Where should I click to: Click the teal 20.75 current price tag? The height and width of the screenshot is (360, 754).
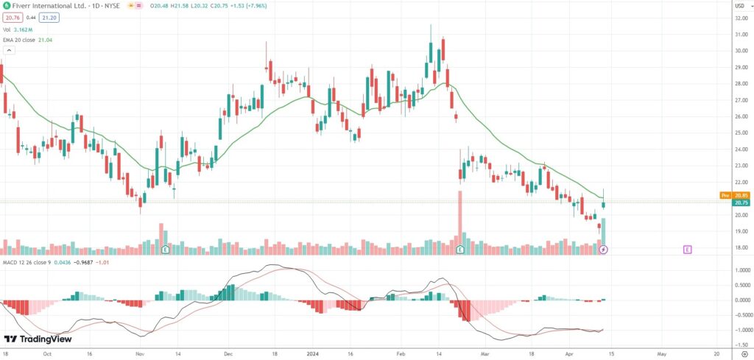[740, 202]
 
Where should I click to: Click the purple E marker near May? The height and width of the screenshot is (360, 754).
[687, 250]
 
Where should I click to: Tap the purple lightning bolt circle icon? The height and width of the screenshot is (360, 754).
[604, 250]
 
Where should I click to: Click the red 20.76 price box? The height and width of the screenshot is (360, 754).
[11, 18]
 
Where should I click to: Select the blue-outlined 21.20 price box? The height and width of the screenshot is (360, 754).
[49, 18]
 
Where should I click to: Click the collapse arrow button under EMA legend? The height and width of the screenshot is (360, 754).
[9, 51]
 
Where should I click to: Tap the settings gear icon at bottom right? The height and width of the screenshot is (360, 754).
[744, 353]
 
